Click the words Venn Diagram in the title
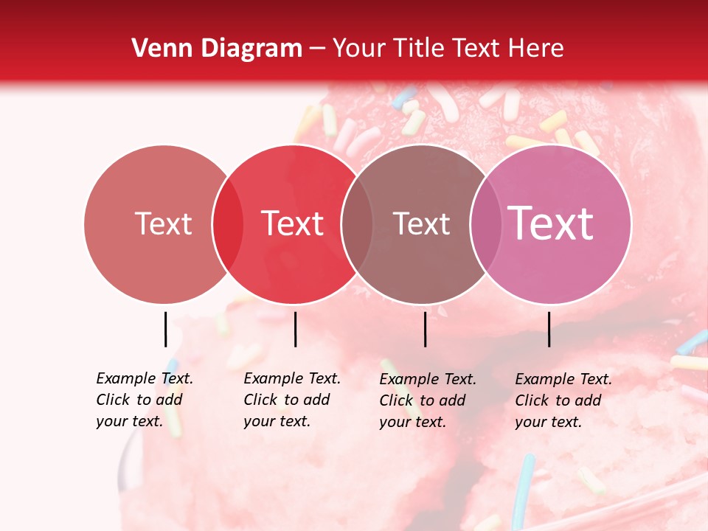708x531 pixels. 216,49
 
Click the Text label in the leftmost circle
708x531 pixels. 163,223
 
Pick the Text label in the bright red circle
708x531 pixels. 293,223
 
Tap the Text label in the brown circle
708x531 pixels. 421,223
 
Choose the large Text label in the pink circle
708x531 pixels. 551,223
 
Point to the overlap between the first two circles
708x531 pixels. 228,224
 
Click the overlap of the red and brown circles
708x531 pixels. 357,224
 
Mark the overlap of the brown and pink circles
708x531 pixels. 485,224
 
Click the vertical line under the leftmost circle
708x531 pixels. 165,329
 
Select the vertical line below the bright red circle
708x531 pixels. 295,329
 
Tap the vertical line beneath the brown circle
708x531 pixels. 425,329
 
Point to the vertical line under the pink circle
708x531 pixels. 549,329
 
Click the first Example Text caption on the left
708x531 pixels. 145,400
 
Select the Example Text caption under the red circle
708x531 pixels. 292,400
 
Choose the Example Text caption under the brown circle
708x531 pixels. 428,400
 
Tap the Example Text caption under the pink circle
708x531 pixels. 563,400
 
